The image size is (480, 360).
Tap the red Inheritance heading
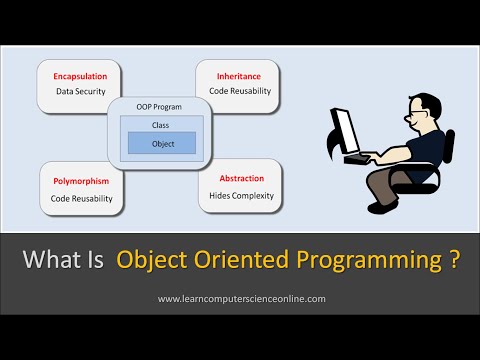tap(239, 74)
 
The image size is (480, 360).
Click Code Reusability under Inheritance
tap(239, 91)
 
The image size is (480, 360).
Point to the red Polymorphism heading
tap(82, 182)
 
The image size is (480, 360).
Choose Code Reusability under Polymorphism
tap(82, 199)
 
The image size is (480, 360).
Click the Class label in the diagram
tap(161, 126)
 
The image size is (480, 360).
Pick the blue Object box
tap(161, 143)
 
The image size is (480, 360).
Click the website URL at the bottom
tap(240, 299)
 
